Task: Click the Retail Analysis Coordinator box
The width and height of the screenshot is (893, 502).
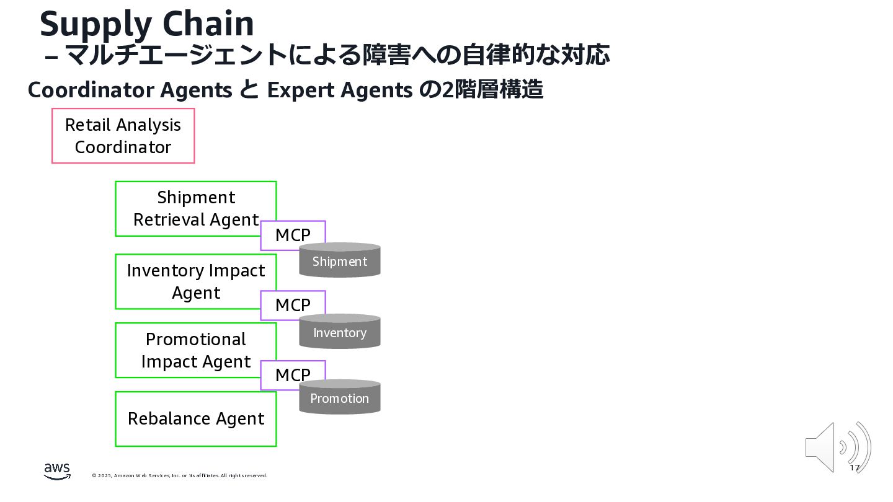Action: [x=123, y=136]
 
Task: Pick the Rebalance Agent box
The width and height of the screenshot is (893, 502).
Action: [x=195, y=419]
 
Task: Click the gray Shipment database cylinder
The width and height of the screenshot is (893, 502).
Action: [x=340, y=261]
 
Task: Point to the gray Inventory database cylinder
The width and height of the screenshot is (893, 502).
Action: [x=340, y=332]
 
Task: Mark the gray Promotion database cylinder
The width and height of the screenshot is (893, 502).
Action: [x=340, y=398]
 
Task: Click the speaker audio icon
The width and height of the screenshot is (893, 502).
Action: [x=837, y=447]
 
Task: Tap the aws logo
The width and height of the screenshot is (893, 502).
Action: [x=57, y=472]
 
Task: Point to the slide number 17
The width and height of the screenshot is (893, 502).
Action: [x=855, y=468]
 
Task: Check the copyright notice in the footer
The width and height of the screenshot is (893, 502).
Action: [x=180, y=475]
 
